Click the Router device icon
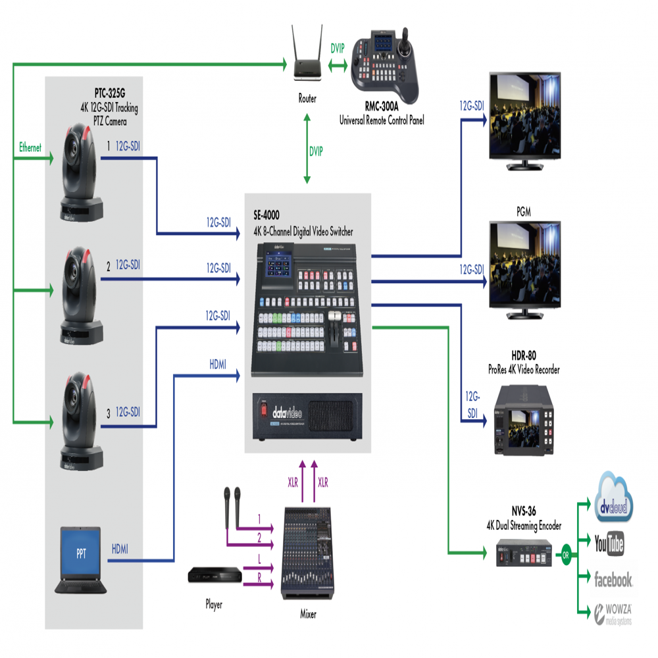[307, 65]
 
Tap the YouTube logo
[609, 544]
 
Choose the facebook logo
[613, 579]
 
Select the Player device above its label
[215, 577]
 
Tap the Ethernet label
[30, 148]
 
